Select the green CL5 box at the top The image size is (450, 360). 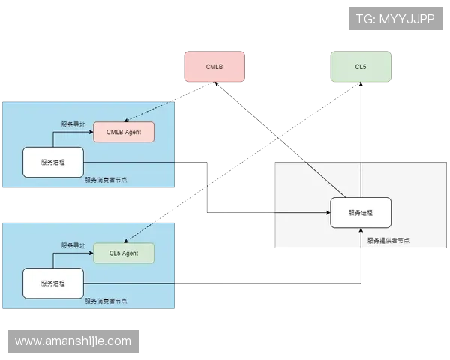pyautogui.click(x=361, y=67)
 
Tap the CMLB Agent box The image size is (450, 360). pyautogui.click(x=124, y=132)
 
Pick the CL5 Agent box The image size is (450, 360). pyautogui.click(x=124, y=253)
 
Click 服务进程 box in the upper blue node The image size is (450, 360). pyautogui.click(x=52, y=162)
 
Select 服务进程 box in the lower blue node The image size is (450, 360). pyautogui.click(x=52, y=283)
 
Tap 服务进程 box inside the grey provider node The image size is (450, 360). pyautogui.click(x=361, y=213)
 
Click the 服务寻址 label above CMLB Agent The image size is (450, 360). pyautogui.click(x=73, y=124)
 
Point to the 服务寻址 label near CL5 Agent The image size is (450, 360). pyautogui.click(x=73, y=245)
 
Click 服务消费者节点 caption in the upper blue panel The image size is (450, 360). pyautogui.click(x=106, y=180)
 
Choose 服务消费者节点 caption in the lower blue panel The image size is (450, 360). pyautogui.click(x=106, y=301)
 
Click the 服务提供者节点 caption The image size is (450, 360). pyautogui.click(x=389, y=241)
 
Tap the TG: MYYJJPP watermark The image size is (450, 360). pyautogui.click(x=395, y=18)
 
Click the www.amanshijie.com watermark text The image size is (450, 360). pyautogui.click(x=73, y=341)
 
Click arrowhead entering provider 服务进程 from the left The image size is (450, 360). pyautogui.click(x=328, y=213)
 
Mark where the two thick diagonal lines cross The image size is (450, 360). pyautogui.click(x=277, y=137)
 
